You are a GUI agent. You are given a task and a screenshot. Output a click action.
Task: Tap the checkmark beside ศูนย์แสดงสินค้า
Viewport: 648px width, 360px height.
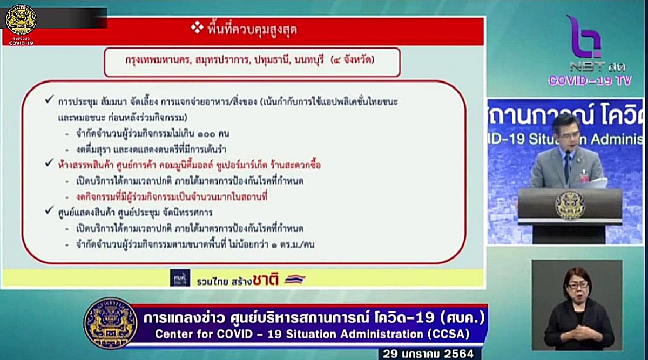point(50,212)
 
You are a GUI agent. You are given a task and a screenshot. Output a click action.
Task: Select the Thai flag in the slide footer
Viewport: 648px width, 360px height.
point(295,279)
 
